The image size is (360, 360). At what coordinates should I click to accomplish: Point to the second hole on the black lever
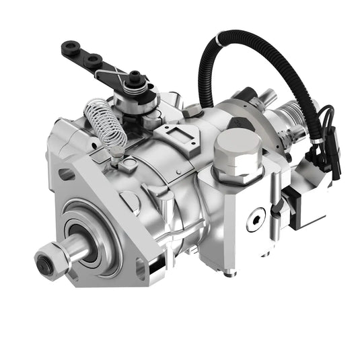click(x=89, y=59)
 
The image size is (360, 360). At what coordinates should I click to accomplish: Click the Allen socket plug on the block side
click(x=254, y=223)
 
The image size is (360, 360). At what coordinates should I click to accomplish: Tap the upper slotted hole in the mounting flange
click(x=67, y=174)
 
